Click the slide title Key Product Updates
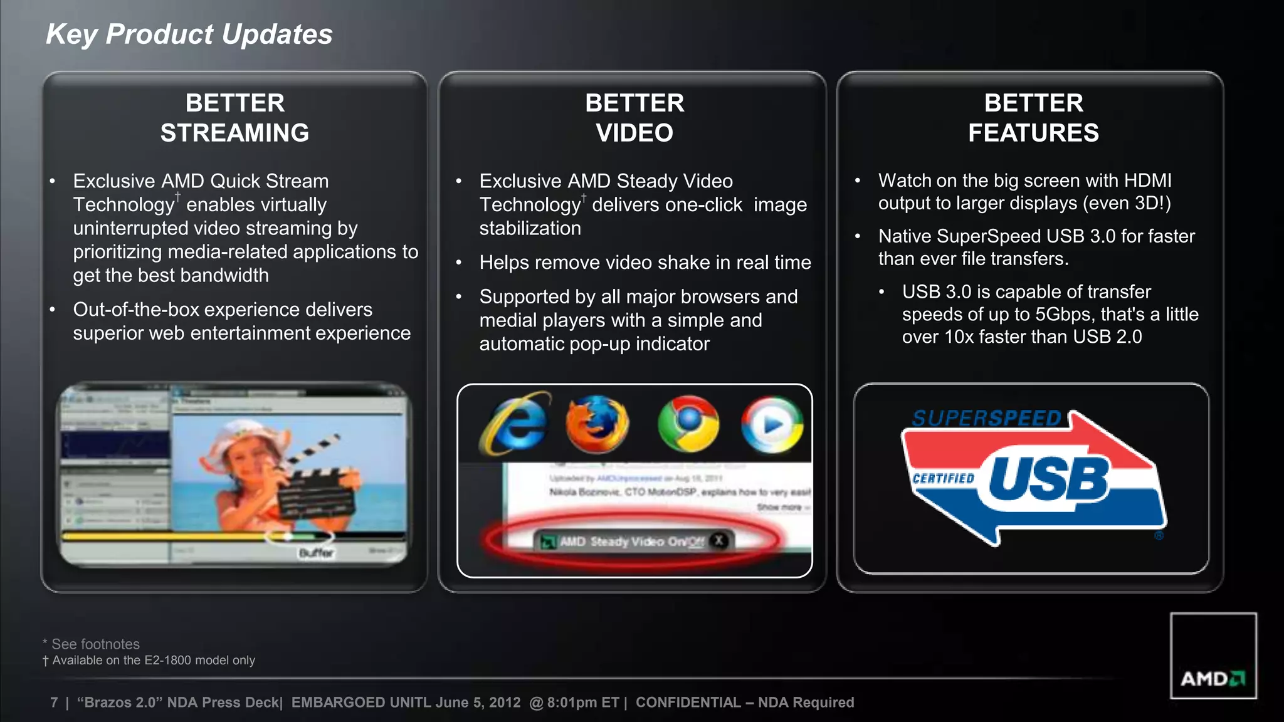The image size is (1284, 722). (189, 34)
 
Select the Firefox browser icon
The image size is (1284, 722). (597, 424)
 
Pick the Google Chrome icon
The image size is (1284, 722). (688, 424)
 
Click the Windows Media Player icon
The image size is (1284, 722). (772, 424)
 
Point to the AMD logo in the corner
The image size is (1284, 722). (1213, 678)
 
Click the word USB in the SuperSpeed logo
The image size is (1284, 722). (1049, 480)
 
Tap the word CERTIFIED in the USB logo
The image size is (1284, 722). (944, 479)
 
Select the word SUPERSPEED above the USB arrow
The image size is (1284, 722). (986, 419)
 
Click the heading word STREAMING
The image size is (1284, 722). (234, 133)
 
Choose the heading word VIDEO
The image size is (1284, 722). (634, 133)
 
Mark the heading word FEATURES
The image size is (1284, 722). (1033, 133)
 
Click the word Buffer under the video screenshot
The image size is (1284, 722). (317, 553)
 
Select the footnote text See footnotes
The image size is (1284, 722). (95, 644)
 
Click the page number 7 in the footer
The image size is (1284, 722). (54, 703)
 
